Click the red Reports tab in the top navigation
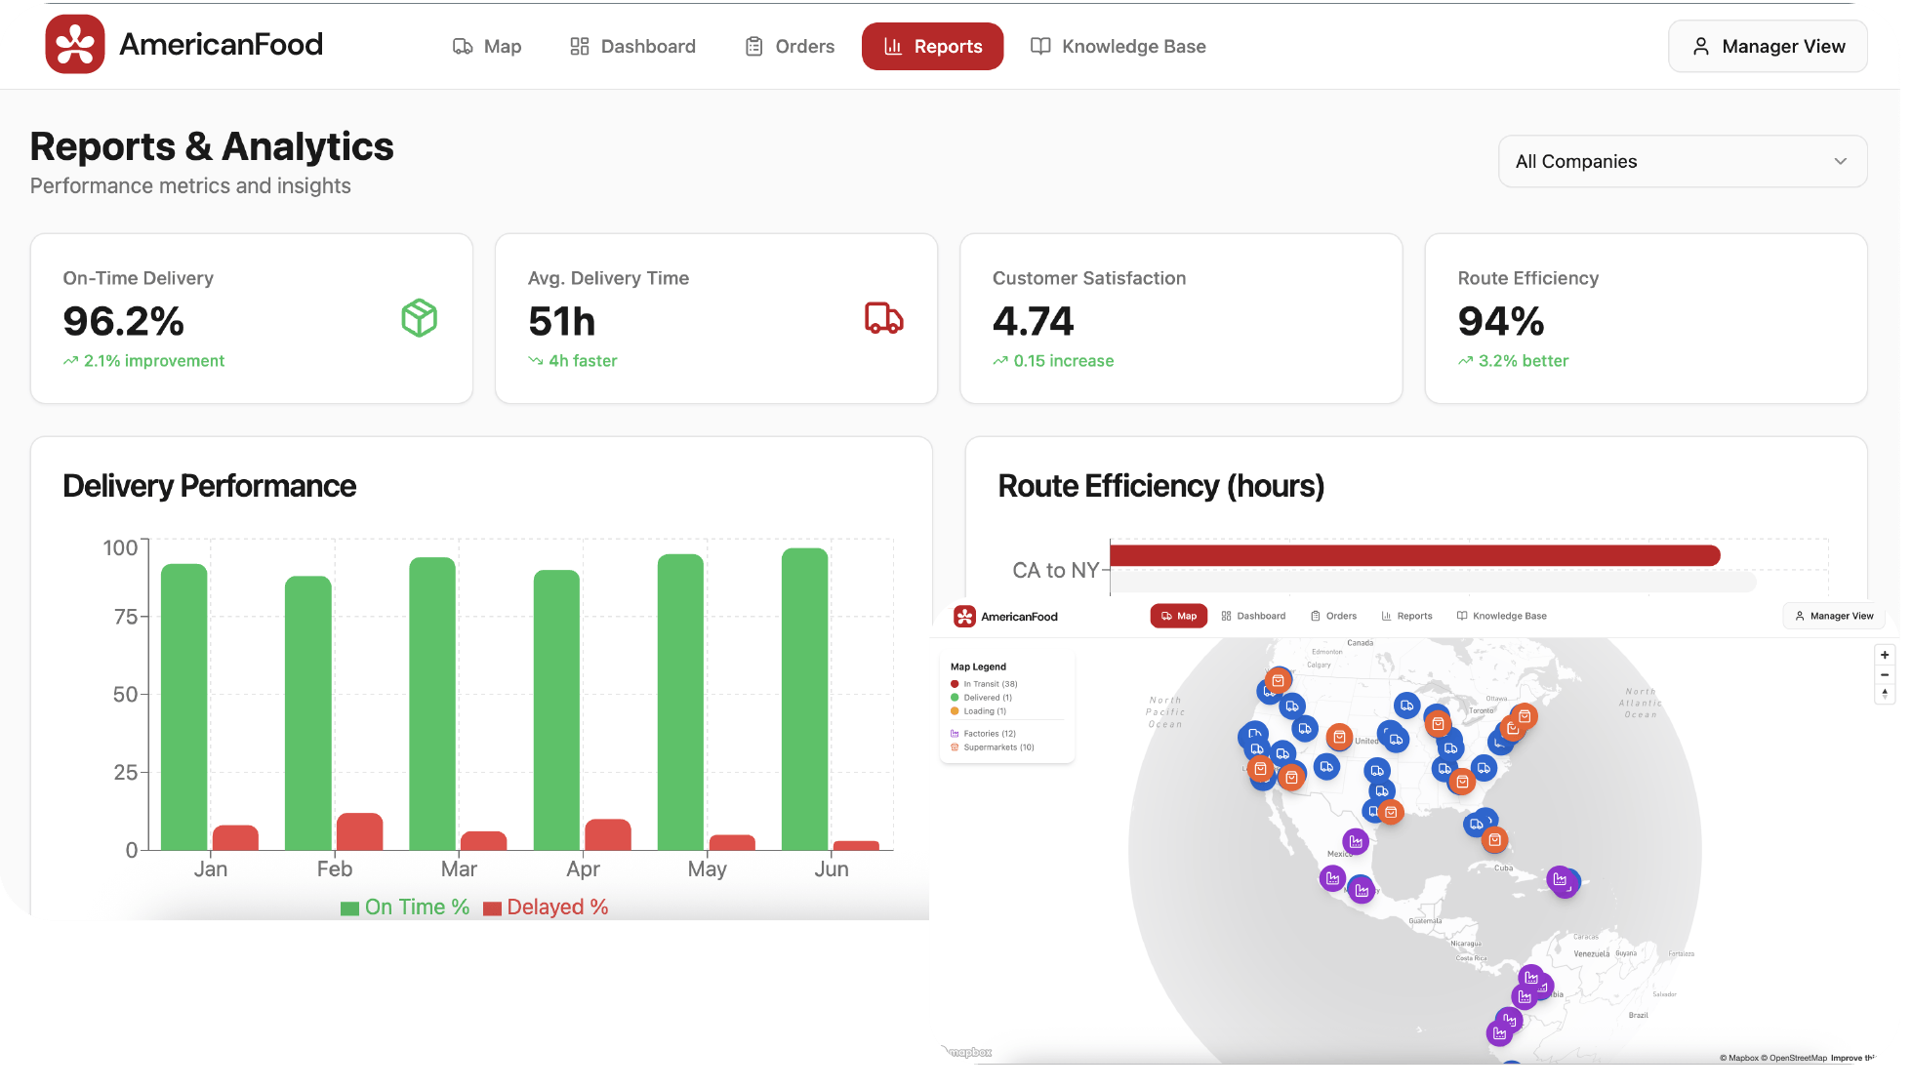(x=932, y=47)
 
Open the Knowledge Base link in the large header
(x=1119, y=47)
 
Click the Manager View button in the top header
(x=1768, y=47)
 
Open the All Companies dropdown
(x=1682, y=162)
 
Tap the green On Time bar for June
(x=804, y=699)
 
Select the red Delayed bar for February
(x=359, y=831)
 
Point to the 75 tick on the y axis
(x=126, y=617)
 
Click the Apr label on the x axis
(x=583, y=869)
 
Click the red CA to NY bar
(x=1414, y=555)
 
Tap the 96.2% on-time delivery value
(x=124, y=321)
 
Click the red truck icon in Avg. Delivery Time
(x=884, y=318)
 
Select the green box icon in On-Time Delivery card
(x=420, y=318)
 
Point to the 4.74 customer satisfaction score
(x=1033, y=321)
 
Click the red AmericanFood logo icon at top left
(x=75, y=45)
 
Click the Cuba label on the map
(x=1503, y=867)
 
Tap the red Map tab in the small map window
(x=1178, y=616)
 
